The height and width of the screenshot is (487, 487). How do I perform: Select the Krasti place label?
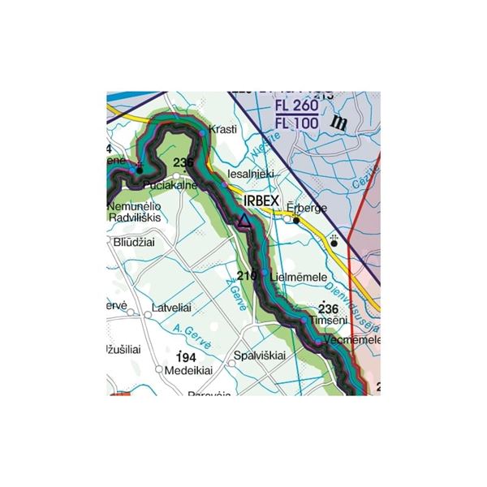tap(223, 130)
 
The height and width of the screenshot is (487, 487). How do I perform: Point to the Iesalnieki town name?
tap(252, 174)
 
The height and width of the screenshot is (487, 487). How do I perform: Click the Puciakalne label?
tap(169, 186)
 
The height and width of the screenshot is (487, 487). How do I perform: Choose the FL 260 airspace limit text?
tap(297, 106)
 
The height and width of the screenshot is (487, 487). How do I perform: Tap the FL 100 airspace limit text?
tap(297, 122)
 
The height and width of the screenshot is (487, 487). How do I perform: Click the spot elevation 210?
tap(247, 275)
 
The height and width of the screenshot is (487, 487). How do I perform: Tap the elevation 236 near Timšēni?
tap(328, 309)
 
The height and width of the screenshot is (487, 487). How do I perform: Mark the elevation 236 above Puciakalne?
tap(183, 163)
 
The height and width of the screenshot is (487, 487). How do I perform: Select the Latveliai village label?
tap(172, 309)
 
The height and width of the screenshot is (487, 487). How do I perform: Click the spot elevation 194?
tap(186, 357)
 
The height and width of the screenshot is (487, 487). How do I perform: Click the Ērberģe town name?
tap(307, 208)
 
